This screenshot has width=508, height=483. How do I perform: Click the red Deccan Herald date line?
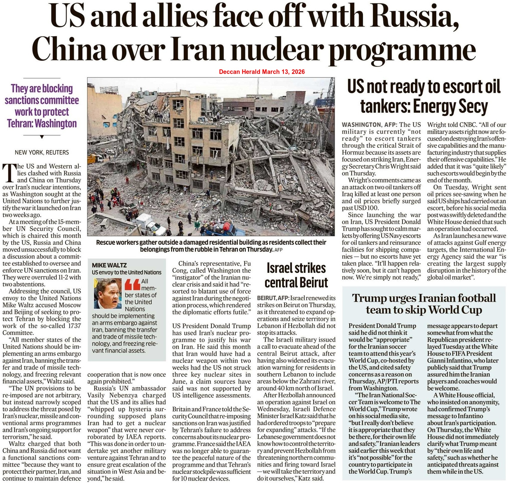[x=262, y=72]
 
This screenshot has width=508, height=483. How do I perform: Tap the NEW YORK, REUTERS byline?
[x=42, y=153]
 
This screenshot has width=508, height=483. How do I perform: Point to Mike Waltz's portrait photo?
[x=107, y=293]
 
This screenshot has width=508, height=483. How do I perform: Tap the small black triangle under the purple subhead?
[x=42, y=137]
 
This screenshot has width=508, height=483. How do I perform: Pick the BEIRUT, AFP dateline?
[x=273, y=298]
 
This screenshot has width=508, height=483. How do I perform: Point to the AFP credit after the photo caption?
[x=278, y=249]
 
